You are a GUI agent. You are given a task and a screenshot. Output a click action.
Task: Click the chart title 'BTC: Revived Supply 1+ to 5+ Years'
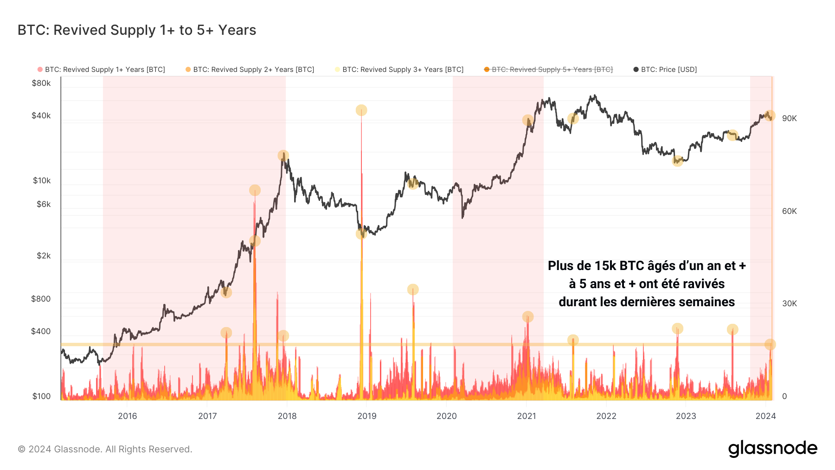point(137,30)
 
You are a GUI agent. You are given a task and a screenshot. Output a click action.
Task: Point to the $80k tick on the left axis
point(41,84)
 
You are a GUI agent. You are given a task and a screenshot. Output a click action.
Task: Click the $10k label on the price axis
point(42,181)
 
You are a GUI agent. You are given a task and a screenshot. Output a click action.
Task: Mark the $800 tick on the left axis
point(41,299)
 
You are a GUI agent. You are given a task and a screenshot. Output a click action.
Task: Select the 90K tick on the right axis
point(789,119)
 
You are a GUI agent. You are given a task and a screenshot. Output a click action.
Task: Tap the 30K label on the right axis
point(789,304)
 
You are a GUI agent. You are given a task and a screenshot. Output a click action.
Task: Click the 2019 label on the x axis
point(367,416)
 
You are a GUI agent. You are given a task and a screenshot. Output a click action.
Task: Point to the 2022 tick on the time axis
point(606,416)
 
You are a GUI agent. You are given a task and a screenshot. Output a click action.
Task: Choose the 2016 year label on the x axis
point(128,416)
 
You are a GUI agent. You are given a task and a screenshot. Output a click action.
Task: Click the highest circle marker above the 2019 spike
point(361,110)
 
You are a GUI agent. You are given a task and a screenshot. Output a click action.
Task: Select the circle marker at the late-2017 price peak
point(283,155)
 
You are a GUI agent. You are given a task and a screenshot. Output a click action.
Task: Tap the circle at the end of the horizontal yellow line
point(770,344)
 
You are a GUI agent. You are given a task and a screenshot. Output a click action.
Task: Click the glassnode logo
point(772,449)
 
